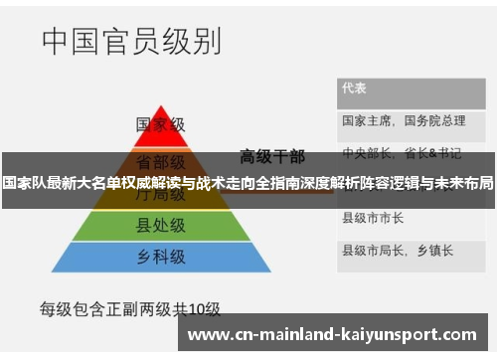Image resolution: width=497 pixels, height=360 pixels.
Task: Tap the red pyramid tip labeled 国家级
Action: coord(161,125)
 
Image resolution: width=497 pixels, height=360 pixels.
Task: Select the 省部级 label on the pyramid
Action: coord(161,161)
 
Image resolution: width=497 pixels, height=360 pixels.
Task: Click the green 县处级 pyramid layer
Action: coord(161,227)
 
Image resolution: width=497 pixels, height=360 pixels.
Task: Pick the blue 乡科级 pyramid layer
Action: coord(161,257)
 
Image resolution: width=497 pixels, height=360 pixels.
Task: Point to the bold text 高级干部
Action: coord(272,155)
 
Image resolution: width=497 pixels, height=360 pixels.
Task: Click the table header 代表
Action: coord(355,88)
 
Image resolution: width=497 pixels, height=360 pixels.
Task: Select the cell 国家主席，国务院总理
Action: coord(404,120)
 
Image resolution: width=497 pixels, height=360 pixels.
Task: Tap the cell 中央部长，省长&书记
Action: coord(402,153)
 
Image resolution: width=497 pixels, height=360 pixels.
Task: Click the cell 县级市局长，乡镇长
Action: coord(392,249)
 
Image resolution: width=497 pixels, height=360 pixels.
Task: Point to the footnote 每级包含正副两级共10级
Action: coord(129,307)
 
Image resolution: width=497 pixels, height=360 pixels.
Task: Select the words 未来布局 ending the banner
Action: coord(464,184)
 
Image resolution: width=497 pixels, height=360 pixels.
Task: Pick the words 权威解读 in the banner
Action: coord(151,184)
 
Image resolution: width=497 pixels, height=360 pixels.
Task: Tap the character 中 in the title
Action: coord(58,41)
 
